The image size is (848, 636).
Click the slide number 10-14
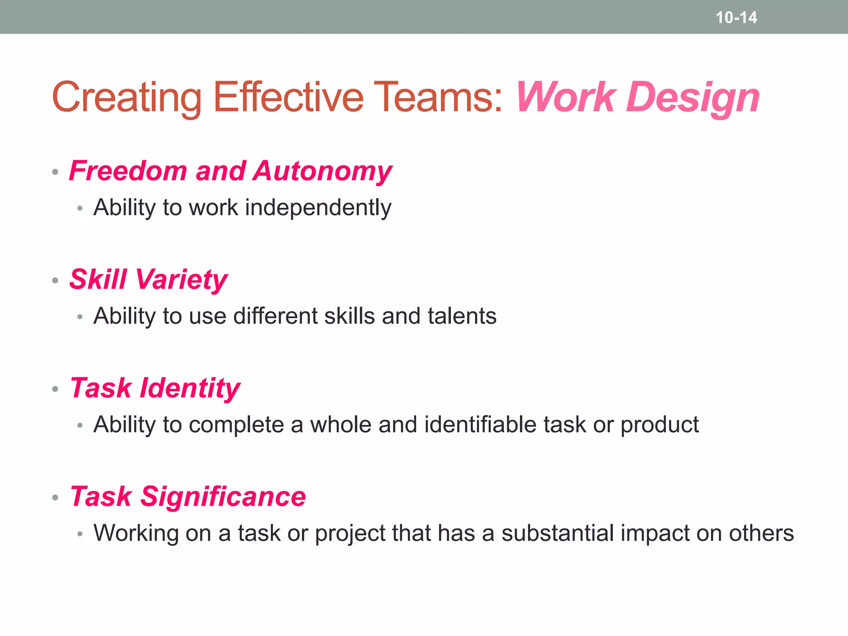pos(736,17)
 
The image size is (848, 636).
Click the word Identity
pos(190,388)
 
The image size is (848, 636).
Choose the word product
pos(659,425)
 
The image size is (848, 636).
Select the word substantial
pos(557,533)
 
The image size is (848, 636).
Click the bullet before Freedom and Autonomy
pos(55,172)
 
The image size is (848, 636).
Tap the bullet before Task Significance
pos(55,497)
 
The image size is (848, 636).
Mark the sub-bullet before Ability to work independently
pos(80,208)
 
